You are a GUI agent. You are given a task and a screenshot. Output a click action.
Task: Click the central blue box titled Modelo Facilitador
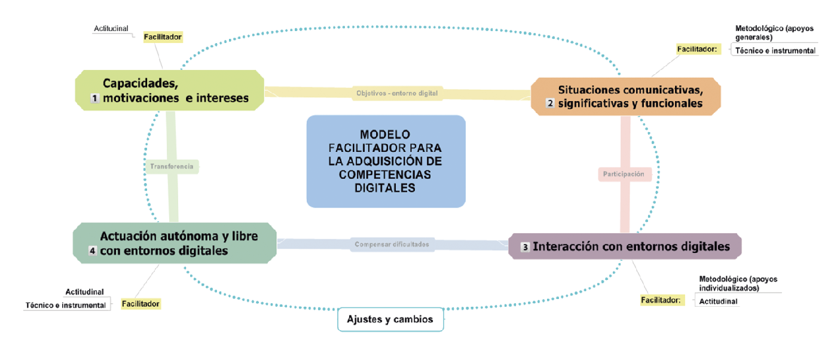pyautogui.click(x=386, y=161)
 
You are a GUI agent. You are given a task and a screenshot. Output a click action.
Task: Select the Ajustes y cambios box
pyautogui.click(x=390, y=319)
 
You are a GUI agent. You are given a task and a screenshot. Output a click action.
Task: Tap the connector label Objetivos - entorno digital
pyautogui.click(x=397, y=93)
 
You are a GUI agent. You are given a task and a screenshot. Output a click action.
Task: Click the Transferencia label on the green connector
pyautogui.click(x=172, y=167)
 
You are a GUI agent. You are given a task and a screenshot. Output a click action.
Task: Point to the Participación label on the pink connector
pyautogui.click(x=623, y=174)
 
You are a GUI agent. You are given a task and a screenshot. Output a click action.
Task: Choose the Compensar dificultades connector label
pyautogui.click(x=392, y=244)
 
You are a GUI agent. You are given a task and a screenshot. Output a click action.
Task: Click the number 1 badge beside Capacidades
pyautogui.click(x=94, y=98)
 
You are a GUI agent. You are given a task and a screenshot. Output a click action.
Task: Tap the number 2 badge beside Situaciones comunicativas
pyautogui.click(x=549, y=103)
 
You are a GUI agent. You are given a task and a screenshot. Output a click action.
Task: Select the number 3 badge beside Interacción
pyautogui.click(x=525, y=247)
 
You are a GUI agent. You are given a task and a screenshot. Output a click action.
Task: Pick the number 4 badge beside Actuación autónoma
pyautogui.click(x=92, y=251)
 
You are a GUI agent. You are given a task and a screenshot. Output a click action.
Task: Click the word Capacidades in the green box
pyautogui.click(x=140, y=83)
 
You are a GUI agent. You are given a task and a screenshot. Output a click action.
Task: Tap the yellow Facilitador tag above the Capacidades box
pyautogui.click(x=163, y=37)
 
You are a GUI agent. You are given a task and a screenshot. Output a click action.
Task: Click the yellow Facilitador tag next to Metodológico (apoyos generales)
pyautogui.click(x=697, y=49)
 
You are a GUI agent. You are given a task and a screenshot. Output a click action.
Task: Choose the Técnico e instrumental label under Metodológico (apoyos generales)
pyautogui.click(x=775, y=51)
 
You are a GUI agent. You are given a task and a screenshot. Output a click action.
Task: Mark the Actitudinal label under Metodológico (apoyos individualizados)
pyautogui.click(x=718, y=301)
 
